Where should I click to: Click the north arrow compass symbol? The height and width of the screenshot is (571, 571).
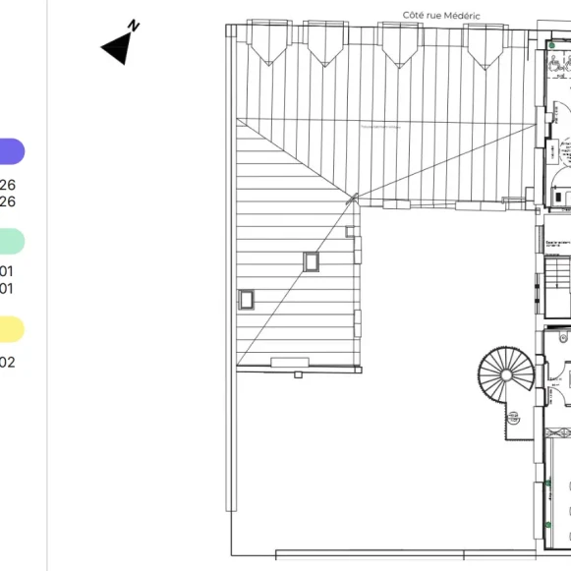tap(117, 46)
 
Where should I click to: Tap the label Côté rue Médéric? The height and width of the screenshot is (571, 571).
tap(440, 15)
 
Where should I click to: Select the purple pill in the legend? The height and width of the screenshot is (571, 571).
tap(11, 151)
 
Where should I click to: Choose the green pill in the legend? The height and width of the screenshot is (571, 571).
tap(11, 241)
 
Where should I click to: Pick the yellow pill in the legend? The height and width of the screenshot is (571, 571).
tap(11, 329)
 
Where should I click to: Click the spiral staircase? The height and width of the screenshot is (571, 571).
tap(507, 375)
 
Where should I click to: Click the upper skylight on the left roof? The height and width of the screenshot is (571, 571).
tap(312, 261)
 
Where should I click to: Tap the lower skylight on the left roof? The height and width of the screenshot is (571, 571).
tap(247, 299)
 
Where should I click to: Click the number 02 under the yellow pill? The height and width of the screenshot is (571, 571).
tap(7, 362)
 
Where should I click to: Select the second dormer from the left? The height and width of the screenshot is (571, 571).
tap(324, 44)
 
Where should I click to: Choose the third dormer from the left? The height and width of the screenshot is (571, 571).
tap(400, 44)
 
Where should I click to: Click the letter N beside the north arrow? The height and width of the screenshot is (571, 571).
tap(135, 27)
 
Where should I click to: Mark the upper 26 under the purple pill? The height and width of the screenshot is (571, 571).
tap(8, 185)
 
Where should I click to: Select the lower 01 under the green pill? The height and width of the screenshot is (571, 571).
tap(7, 289)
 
